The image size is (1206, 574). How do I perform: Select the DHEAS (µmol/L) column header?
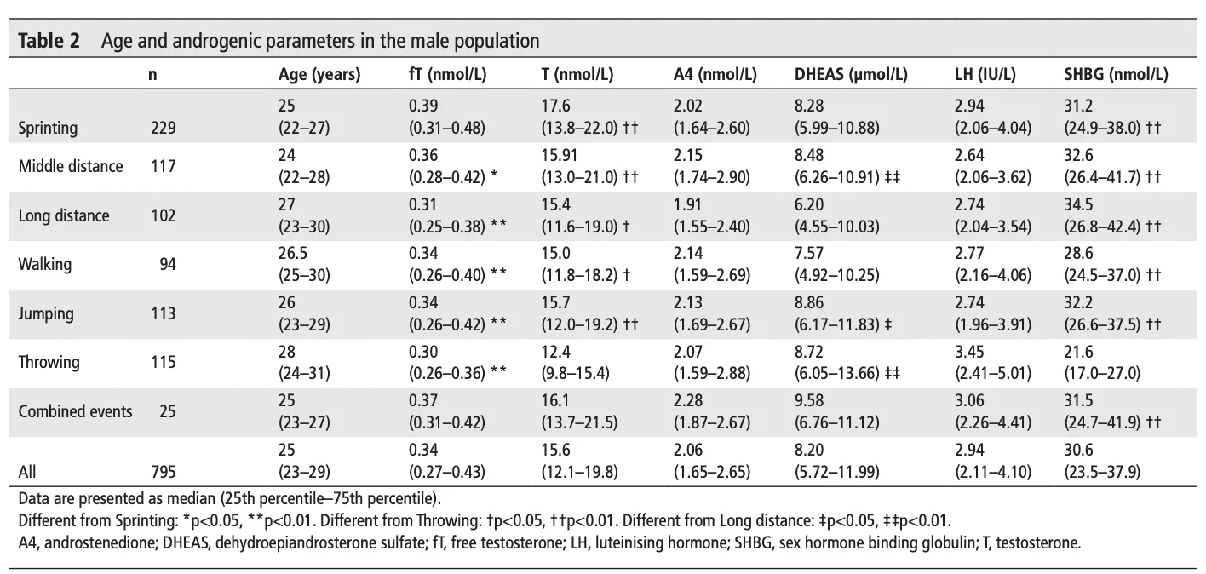[x=850, y=75]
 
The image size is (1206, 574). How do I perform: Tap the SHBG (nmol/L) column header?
[x=1116, y=75]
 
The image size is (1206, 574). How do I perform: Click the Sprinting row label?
[x=48, y=129]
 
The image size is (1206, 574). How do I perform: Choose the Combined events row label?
[x=76, y=411]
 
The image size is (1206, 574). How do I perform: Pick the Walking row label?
[x=45, y=264]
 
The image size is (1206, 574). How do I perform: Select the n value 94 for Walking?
[x=167, y=264]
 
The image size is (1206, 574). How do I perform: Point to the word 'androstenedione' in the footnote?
[x=87, y=544]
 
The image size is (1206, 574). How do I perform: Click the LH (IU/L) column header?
[x=985, y=75]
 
